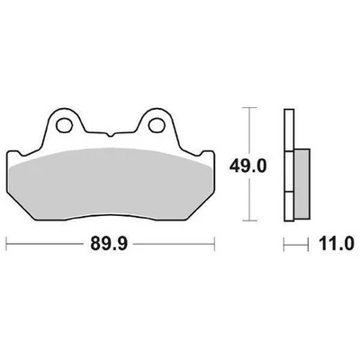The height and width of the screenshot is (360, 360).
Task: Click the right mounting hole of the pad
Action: [x=154, y=124]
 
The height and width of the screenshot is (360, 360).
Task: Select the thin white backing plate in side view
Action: [x=289, y=166]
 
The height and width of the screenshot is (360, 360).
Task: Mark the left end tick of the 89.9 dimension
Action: [x=7, y=242]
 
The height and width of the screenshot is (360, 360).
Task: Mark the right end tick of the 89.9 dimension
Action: [x=215, y=242]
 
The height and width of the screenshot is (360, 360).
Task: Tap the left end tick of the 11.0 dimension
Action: [x=284, y=242]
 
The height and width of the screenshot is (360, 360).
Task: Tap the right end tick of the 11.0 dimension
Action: [x=310, y=242]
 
